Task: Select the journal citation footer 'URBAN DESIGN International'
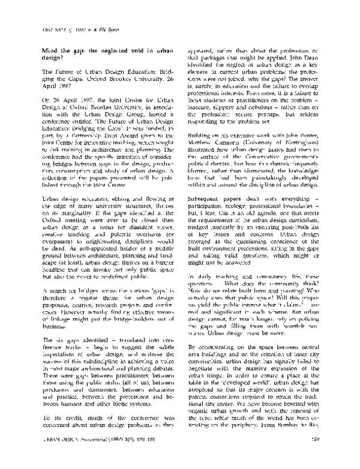tap(79, 456)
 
